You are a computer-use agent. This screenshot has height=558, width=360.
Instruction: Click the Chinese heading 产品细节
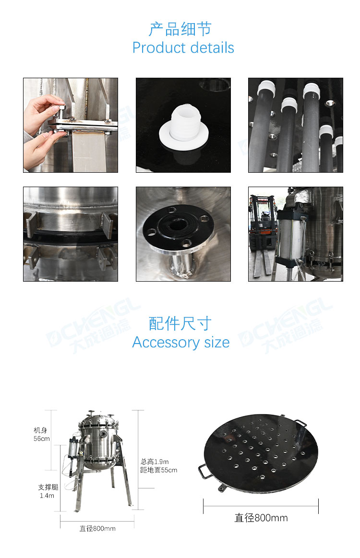[180, 29]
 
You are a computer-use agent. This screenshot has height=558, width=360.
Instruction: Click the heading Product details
[183, 47]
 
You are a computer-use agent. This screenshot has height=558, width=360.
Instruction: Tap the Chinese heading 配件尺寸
[180, 323]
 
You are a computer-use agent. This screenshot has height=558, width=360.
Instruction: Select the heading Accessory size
[181, 343]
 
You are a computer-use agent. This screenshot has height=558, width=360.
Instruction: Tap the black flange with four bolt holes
[179, 226]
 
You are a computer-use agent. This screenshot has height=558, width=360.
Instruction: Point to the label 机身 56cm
[42, 435]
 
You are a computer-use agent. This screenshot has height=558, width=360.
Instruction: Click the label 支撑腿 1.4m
[48, 491]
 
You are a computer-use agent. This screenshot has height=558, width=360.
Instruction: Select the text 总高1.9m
[155, 462]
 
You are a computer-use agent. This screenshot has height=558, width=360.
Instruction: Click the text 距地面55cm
[158, 470]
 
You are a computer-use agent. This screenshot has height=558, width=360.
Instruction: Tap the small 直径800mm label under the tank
[97, 528]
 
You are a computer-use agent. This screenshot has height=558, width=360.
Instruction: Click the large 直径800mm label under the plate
[261, 518]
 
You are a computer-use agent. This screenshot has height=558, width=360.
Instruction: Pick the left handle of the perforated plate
[204, 471]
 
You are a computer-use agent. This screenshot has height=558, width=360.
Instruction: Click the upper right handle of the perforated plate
[301, 423]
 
